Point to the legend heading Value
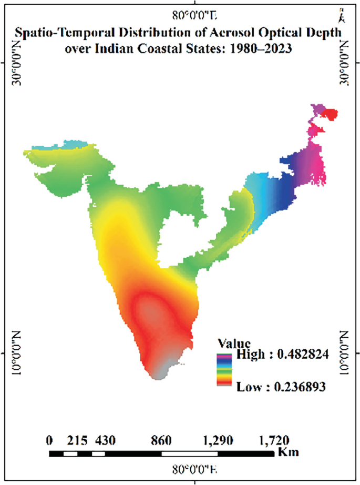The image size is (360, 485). (x=229, y=341)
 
